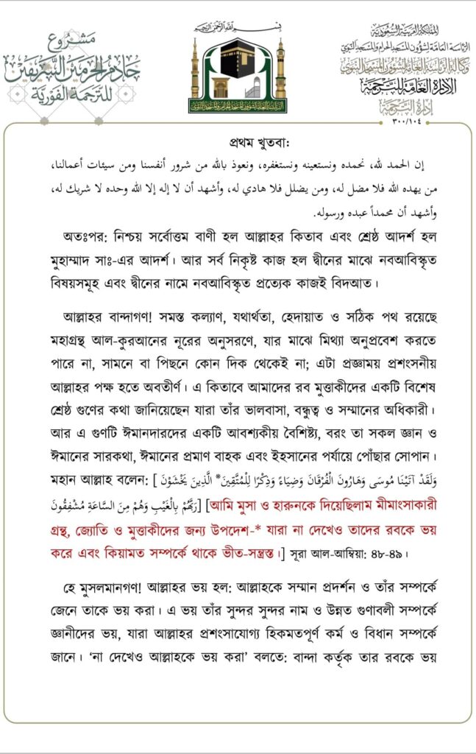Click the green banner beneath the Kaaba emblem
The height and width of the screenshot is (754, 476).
(238, 105)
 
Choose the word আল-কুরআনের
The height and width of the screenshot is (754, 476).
(150, 338)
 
